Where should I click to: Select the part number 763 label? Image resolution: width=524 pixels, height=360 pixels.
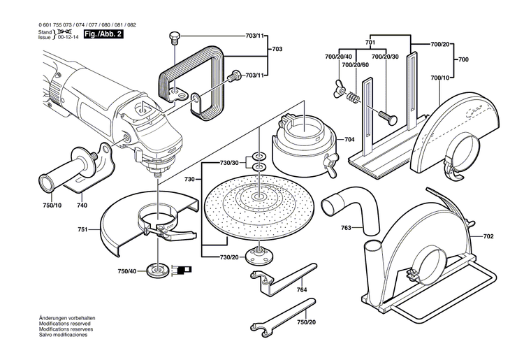coord(347,227)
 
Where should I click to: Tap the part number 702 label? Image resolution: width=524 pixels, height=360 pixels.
coord(488,237)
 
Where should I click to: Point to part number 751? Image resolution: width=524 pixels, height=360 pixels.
coord(83,228)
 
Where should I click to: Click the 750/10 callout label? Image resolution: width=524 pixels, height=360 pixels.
coord(52,206)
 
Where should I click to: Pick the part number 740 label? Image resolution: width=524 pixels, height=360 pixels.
coord(82,206)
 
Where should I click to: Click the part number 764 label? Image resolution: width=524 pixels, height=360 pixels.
coord(302,289)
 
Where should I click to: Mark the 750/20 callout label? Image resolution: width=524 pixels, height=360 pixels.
coord(306,322)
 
